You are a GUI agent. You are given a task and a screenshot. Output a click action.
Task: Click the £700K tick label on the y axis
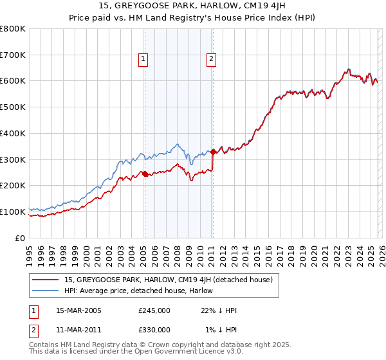(13, 55)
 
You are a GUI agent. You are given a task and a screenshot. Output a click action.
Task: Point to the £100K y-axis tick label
(13, 212)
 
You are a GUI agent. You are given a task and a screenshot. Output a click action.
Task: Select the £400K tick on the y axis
(13, 133)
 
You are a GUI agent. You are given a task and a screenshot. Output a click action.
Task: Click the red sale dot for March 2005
(145, 174)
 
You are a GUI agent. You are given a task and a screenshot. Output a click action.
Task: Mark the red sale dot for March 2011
(213, 152)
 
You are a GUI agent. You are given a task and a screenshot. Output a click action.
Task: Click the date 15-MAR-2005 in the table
(78, 310)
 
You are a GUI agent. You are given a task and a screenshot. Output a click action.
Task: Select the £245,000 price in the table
(154, 310)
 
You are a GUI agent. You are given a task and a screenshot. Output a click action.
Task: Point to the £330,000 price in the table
(154, 330)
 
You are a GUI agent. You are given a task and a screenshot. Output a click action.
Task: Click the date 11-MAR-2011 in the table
(78, 330)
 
